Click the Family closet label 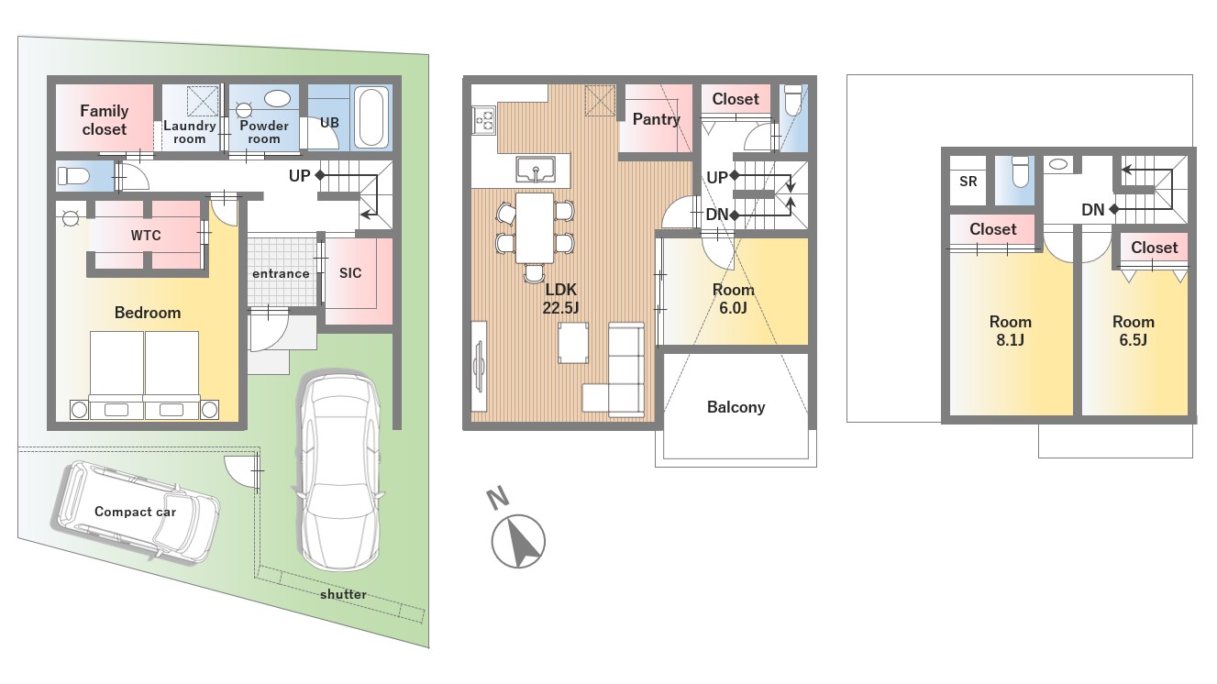coord(104,120)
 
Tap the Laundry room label coord(190,132)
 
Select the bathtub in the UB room coord(372,118)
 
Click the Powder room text coord(264,132)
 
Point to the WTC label coord(146,236)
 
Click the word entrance coord(281,274)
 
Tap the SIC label coord(350,272)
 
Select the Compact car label coord(136,512)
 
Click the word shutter coord(343,594)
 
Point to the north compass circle coord(518,541)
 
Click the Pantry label coord(657,119)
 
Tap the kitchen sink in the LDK coord(536,170)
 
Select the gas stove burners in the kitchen coord(484,120)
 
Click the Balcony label coord(736,407)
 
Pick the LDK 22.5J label coord(560,299)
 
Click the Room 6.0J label coord(734,299)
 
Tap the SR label coord(968,182)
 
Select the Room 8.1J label coord(1011,331)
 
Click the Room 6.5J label coord(1134,331)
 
